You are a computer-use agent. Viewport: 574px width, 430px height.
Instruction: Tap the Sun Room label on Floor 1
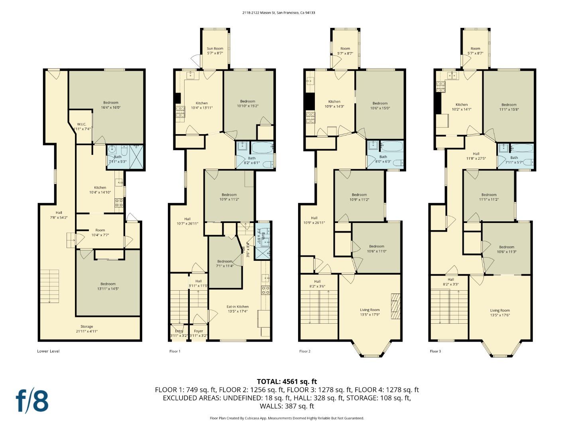click(x=215, y=51)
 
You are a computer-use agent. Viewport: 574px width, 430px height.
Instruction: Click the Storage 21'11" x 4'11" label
click(x=86, y=329)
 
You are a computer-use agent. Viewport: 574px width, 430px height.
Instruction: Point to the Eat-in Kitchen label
click(x=238, y=309)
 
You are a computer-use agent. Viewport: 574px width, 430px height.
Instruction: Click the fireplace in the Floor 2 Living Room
click(x=395, y=306)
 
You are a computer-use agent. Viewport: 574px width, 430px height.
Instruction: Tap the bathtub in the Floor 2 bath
click(x=392, y=146)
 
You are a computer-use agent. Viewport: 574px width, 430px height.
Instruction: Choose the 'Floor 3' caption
click(x=435, y=351)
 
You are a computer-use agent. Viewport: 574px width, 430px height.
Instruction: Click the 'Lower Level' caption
click(x=48, y=351)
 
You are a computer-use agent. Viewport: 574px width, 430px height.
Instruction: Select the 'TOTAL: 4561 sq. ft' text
click(x=287, y=381)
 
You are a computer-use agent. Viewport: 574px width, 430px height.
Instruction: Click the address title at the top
click(x=279, y=13)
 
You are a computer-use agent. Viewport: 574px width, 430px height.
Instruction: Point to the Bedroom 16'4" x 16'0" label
click(x=111, y=105)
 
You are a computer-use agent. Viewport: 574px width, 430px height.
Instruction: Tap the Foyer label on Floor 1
click(x=198, y=333)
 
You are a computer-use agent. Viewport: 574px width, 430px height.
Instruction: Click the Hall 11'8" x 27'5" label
click(x=476, y=156)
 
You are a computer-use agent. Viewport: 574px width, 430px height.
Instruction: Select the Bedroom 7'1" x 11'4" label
click(x=225, y=264)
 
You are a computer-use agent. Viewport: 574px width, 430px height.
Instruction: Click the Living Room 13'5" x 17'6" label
click(x=500, y=313)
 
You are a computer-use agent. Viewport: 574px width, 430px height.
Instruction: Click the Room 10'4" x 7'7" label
click(x=100, y=233)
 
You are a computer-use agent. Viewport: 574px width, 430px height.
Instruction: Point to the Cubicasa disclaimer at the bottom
click(x=287, y=418)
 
